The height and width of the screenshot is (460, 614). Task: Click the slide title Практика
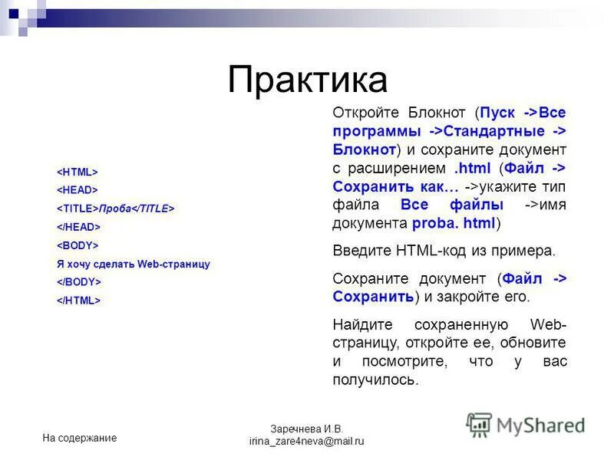point(307,79)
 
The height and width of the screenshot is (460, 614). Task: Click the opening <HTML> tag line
point(77,172)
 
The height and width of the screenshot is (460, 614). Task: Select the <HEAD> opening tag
point(77,190)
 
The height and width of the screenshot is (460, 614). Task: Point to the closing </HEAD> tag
point(78,227)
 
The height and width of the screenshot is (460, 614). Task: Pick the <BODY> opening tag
point(78,245)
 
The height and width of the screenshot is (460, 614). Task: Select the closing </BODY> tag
point(79,282)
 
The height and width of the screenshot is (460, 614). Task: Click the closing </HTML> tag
point(79,301)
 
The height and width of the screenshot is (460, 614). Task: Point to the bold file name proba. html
point(454,223)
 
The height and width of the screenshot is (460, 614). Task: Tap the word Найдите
point(361,324)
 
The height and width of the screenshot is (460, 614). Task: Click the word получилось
point(375,379)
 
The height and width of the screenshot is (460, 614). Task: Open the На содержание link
point(80,438)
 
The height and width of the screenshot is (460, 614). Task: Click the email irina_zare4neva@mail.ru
point(306,442)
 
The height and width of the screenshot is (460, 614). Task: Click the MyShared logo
point(526,425)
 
